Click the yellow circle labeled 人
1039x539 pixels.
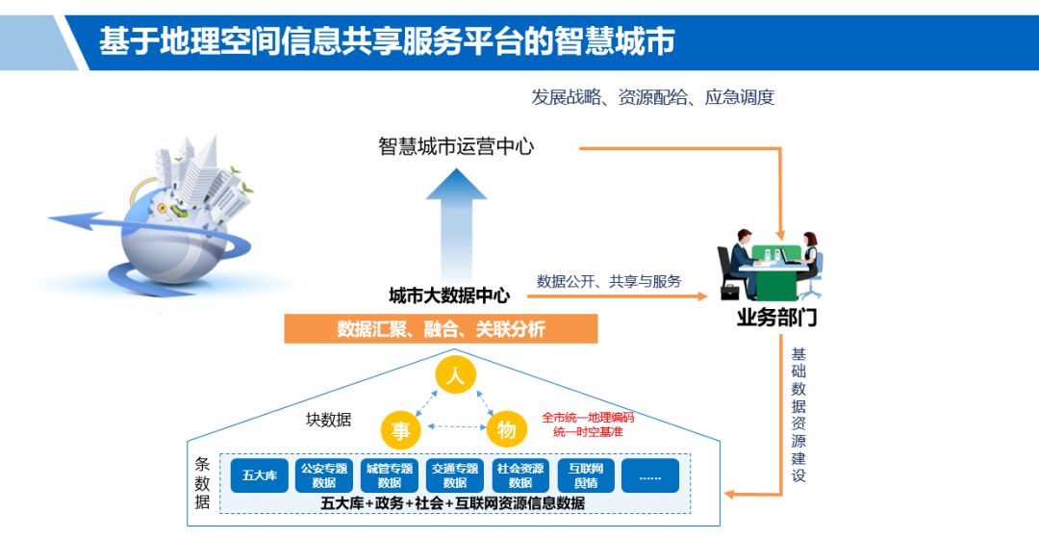[456, 375]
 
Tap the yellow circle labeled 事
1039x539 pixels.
[400, 430]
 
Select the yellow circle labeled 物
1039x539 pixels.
[507, 430]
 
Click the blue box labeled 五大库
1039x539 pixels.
[260, 475]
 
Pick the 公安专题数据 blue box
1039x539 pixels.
[324, 475]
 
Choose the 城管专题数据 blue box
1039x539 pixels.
[390, 475]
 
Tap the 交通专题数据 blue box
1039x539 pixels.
[455, 475]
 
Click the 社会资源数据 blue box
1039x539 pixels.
[520, 475]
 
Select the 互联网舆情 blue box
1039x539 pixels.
[585, 475]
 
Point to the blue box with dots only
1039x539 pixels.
[650, 475]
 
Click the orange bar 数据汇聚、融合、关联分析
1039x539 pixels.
[441, 329]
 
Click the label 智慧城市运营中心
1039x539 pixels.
[456, 147]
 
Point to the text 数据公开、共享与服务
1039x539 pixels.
[608, 281]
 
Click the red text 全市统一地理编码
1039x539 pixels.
[588, 418]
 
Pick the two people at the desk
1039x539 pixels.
[770, 265]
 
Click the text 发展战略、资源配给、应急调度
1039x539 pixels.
[652, 97]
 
